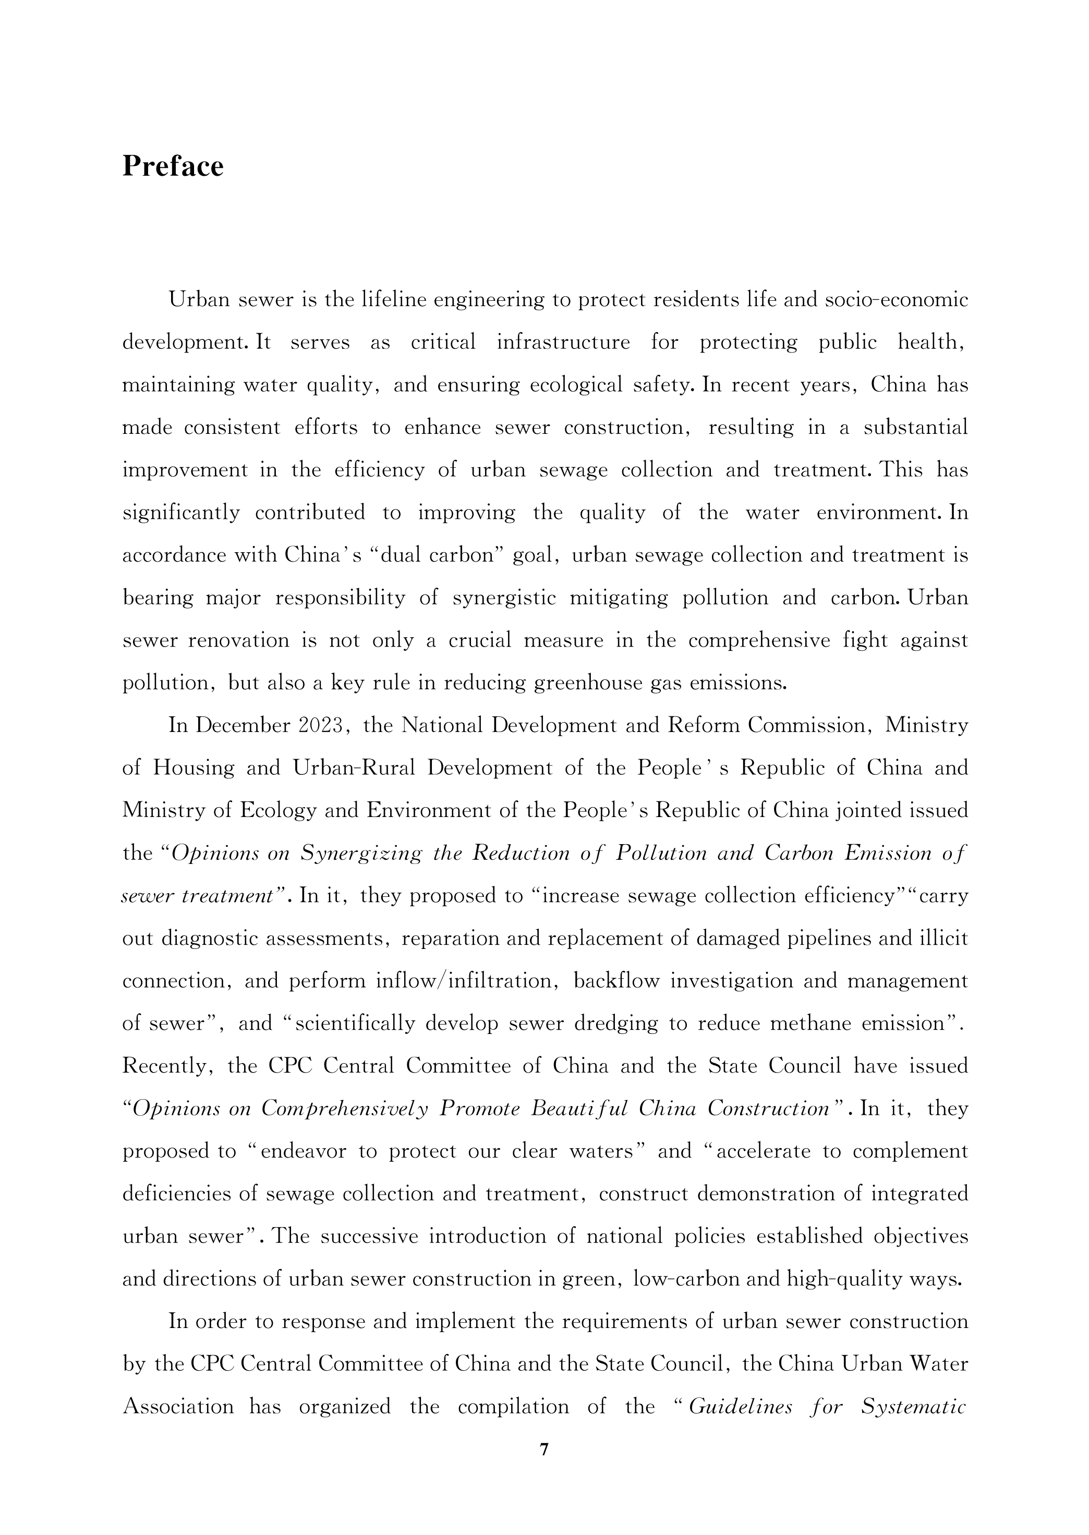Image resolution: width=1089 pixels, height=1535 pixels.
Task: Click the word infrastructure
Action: click(563, 342)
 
